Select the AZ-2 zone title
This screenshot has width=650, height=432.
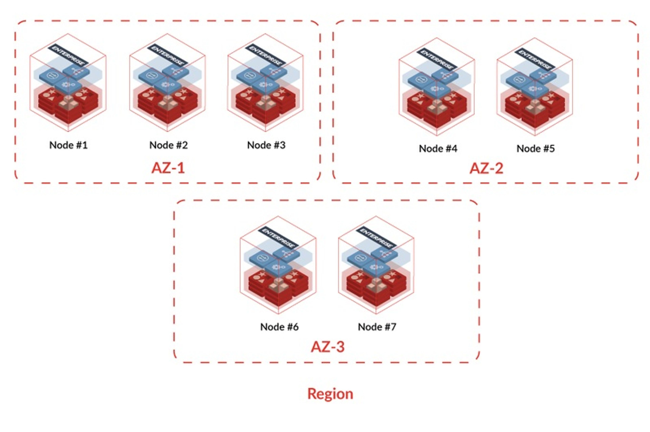[x=486, y=168]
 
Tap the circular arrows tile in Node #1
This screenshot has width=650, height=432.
[x=53, y=75]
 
